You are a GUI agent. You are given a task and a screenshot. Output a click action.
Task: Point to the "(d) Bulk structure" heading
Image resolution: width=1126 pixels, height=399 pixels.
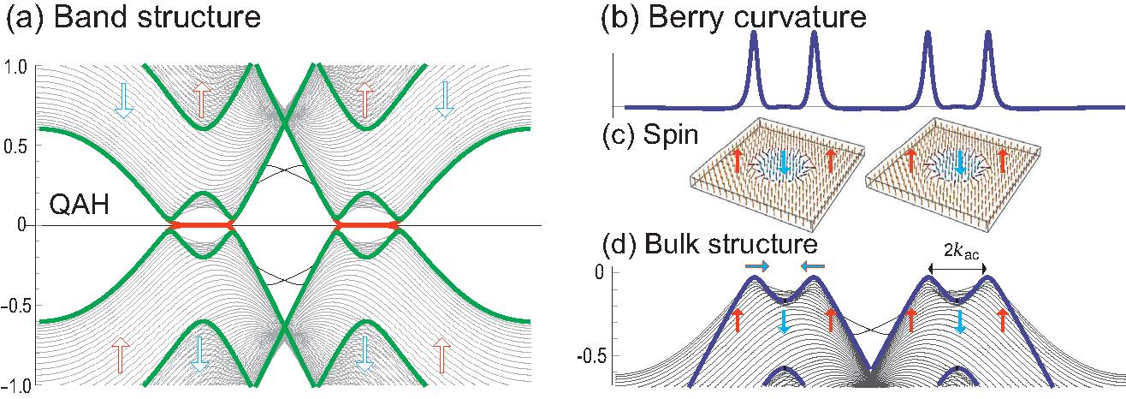tap(709, 243)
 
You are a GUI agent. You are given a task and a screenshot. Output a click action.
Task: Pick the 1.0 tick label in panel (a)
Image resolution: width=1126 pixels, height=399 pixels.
tap(16, 66)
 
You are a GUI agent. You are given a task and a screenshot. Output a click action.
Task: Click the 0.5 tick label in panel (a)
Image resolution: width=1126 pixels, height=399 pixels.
tap(16, 146)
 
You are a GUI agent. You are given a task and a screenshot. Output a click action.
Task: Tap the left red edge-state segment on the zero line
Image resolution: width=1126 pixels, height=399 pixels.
tap(201, 225)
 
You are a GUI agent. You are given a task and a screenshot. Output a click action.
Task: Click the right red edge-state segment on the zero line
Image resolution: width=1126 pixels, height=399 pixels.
tap(366, 225)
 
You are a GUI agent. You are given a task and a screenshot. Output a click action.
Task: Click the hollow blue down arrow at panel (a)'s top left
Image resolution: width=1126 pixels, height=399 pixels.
tap(123, 100)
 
